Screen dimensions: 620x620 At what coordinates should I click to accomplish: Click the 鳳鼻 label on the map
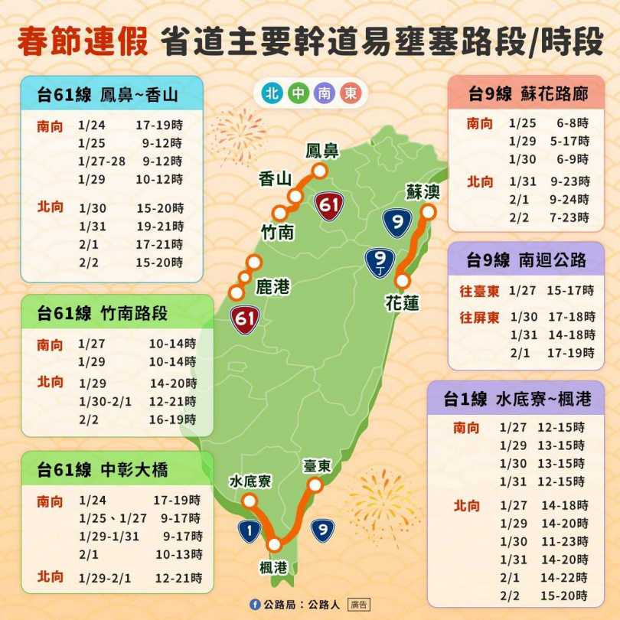(321, 151)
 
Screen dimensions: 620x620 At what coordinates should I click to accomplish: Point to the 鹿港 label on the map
(272, 287)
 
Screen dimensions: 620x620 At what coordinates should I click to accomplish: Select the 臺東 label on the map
(316, 466)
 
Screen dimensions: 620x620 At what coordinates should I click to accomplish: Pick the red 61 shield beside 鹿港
(246, 318)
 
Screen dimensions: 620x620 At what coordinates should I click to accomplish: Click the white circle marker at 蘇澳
(429, 211)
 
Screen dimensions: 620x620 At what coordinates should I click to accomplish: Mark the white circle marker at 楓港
(274, 545)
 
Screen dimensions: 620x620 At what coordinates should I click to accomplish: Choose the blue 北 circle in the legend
(271, 94)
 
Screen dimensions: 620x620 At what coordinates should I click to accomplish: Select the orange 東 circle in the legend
(349, 94)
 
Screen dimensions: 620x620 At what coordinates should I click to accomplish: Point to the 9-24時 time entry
(568, 200)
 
